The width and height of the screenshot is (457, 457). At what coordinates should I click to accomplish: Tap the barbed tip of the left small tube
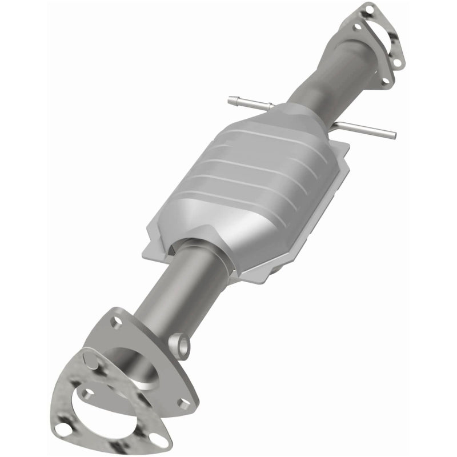coord(230,98)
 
